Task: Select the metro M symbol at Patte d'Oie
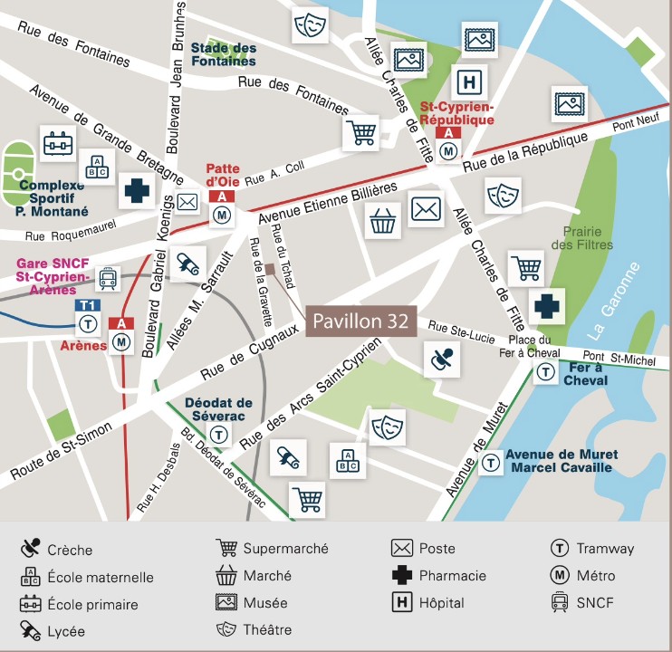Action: (x=223, y=216)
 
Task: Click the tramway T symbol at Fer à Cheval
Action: (x=545, y=371)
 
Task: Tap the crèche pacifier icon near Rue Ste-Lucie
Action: (x=442, y=360)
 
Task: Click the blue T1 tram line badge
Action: (x=88, y=305)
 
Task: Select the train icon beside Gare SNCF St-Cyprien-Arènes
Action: (x=109, y=279)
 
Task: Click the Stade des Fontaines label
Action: (x=224, y=54)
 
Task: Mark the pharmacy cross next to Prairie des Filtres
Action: (x=546, y=306)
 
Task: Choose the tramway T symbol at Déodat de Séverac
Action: (x=219, y=436)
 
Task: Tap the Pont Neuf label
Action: (x=633, y=128)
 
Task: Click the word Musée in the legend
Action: (x=264, y=602)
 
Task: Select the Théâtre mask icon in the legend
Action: (x=226, y=628)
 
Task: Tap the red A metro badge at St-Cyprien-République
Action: (x=447, y=132)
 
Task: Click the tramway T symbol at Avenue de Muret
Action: (x=491, y=463)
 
